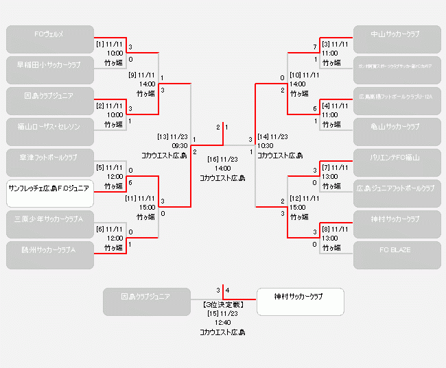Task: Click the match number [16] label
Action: (x=213, y=159)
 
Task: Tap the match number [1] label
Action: (x=100, y=44)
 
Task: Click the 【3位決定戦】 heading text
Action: (x=222, y=303)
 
